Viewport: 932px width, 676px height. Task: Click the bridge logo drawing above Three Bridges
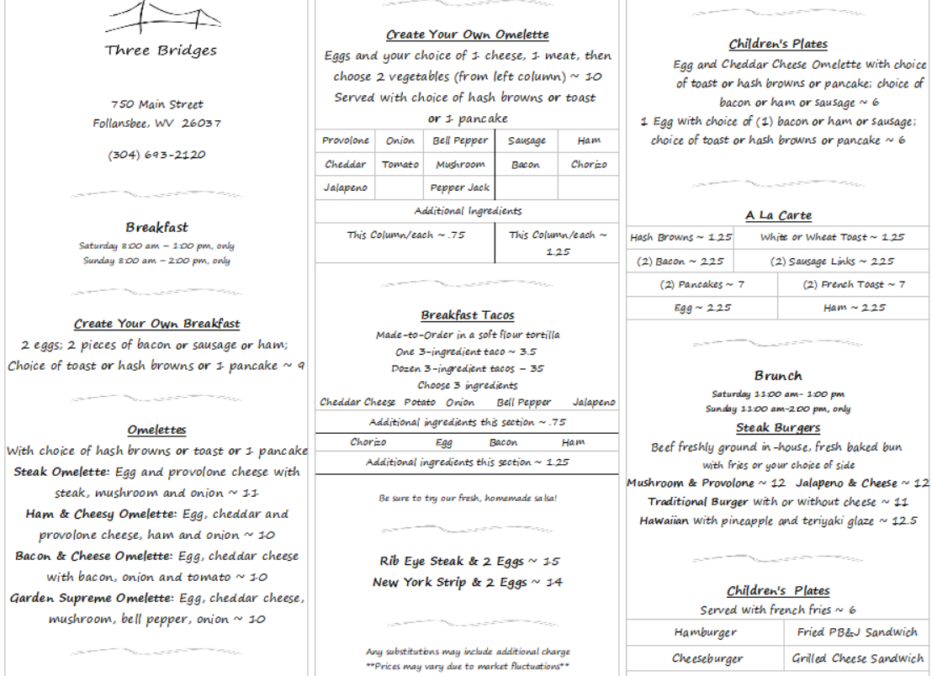(x=160, y=18)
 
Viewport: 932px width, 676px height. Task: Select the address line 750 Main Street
(x=157, y=104)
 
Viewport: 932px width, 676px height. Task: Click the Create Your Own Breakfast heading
(x=156, y=324)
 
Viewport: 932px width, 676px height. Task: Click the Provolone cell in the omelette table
(x=345, y=140)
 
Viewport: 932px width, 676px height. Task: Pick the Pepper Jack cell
(x=460, y=187)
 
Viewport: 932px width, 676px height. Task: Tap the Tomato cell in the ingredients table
(x=400, y=164)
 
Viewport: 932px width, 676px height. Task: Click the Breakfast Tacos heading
(x=467, y=315)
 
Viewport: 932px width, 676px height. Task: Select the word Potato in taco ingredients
(x=420, y=403)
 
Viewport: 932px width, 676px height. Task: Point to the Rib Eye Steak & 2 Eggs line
(x=467, y=562)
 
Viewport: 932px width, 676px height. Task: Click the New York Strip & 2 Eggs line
(x=467, y=582)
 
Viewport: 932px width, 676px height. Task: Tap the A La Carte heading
(x=778, y=215)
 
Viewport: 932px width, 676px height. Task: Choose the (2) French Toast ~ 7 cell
(x=854, y=284)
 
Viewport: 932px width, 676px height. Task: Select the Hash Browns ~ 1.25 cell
(x=670, y=238)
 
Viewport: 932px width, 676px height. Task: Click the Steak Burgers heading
(x=778, y=428)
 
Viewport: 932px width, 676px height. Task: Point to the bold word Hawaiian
(x=665, y=520)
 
